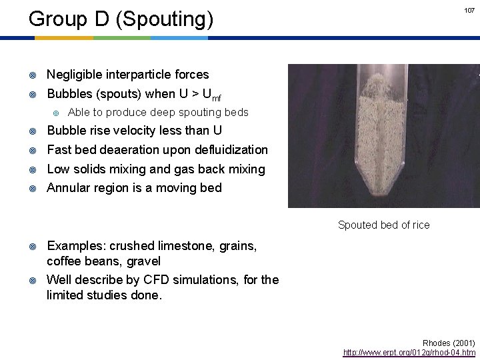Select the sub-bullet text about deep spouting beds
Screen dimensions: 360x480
[158, 112]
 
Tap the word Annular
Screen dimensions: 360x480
[69, 187]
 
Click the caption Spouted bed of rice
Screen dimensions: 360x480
[383, 225]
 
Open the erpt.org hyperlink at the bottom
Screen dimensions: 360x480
[409, 351]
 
